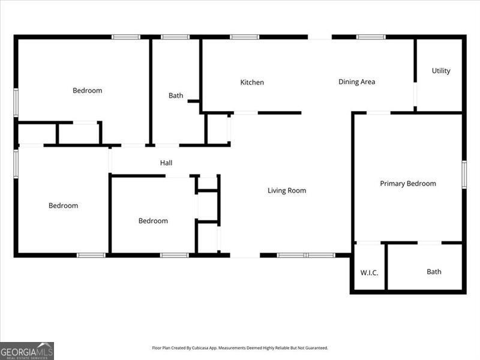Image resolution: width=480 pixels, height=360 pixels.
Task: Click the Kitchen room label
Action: coord(252,82)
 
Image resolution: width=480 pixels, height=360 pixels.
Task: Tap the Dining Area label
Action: coord(356,82)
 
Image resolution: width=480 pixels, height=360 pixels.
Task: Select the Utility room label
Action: coord(441,71)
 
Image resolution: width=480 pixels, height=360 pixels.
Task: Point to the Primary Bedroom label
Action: coord(408,184)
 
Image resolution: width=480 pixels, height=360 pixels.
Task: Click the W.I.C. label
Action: coord(369,272)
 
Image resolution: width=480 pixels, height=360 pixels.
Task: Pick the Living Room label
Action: coord(287,190)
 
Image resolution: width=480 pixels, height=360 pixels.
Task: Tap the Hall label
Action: coord(166,163)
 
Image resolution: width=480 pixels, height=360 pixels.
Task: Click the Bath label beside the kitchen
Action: coord(176,95)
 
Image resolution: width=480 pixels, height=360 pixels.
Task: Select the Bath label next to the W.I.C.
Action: coord(434,272)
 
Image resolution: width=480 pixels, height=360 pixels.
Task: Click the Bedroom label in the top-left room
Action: coord(87,91)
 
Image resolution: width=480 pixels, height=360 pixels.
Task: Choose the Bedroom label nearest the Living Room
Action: coord(153,221)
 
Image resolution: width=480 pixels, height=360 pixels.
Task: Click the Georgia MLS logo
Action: coord(27,351)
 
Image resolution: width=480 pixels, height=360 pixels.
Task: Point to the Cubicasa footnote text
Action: coord(239,348)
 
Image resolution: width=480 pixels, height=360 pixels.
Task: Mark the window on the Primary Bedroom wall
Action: coord(464,175)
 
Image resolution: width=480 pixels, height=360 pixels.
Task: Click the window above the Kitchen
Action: coord(245,37)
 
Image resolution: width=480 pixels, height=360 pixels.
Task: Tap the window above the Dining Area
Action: coord(371,37)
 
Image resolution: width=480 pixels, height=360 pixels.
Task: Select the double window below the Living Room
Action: coord(306,255)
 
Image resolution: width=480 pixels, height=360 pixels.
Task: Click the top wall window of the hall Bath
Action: coord(175,37)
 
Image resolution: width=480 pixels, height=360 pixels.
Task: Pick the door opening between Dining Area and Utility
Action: coord(415,94)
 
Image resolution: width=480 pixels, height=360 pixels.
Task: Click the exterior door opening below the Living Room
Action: coord(245,256)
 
